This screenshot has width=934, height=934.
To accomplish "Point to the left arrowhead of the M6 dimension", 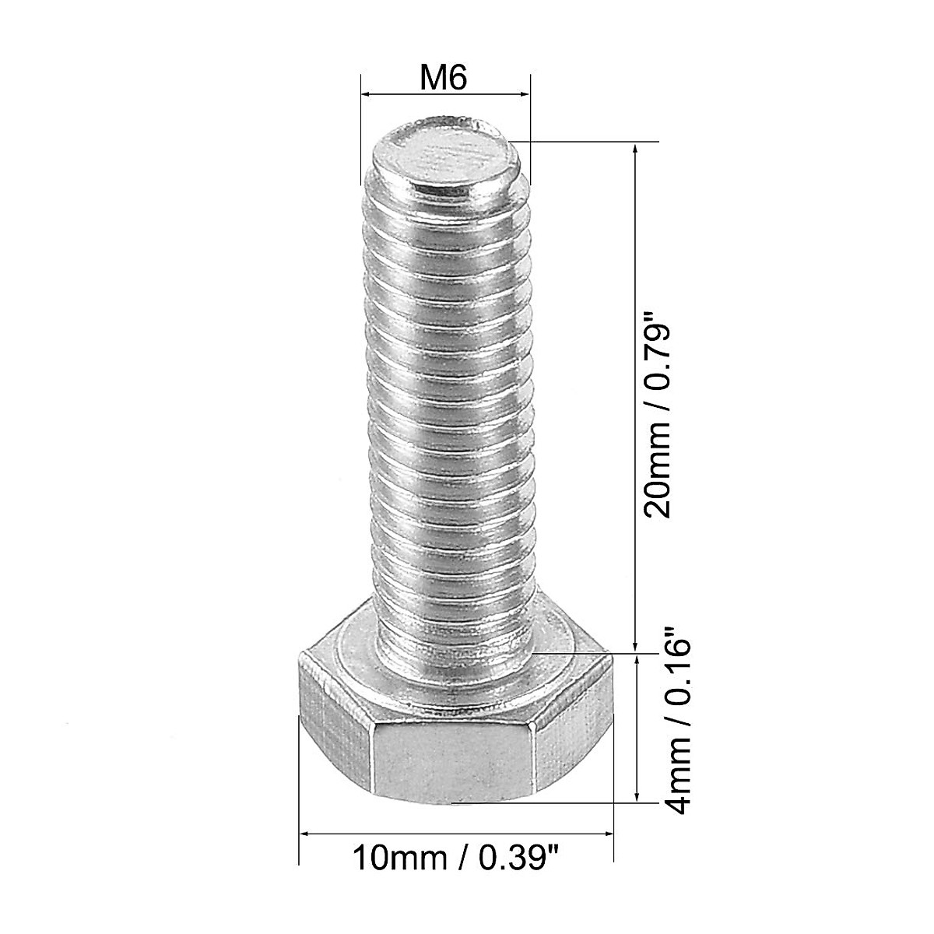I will [x=366, y=95].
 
